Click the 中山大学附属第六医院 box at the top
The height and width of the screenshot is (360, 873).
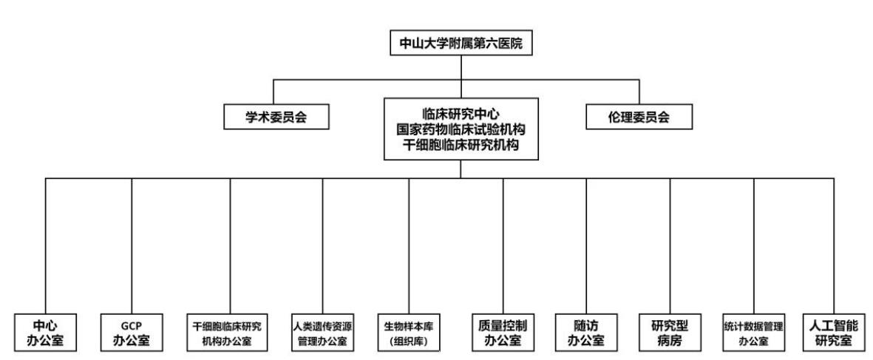[x=461, y=44]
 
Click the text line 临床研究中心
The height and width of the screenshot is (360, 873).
[x=461, y=115]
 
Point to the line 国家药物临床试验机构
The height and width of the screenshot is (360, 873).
[x=461, y=129]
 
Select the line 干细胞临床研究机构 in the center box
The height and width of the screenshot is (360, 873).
[x=461, y=145]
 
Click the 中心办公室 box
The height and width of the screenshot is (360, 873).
[x=46, y=332]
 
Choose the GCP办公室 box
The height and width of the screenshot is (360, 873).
[x=132, y=332]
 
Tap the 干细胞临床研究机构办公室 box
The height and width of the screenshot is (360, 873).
[x=231, y=332]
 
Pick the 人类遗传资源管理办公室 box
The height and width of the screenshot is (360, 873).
[x=322, y=332]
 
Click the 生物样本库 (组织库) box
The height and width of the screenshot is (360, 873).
[x=410, y=332]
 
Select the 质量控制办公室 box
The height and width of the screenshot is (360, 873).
[x=503, y=332]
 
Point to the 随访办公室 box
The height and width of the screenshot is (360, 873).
[x=586, y=332]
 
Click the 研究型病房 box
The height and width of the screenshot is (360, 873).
[x=670, y=332]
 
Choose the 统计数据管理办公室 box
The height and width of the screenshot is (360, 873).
[x=754, y=332]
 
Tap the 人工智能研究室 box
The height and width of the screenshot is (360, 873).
[x=834, y=332]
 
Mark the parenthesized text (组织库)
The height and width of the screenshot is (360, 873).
[x=410, y=341]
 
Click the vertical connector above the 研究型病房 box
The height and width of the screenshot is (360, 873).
[x=670, y=246]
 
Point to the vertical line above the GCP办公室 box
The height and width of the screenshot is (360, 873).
[x=132, y=246]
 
